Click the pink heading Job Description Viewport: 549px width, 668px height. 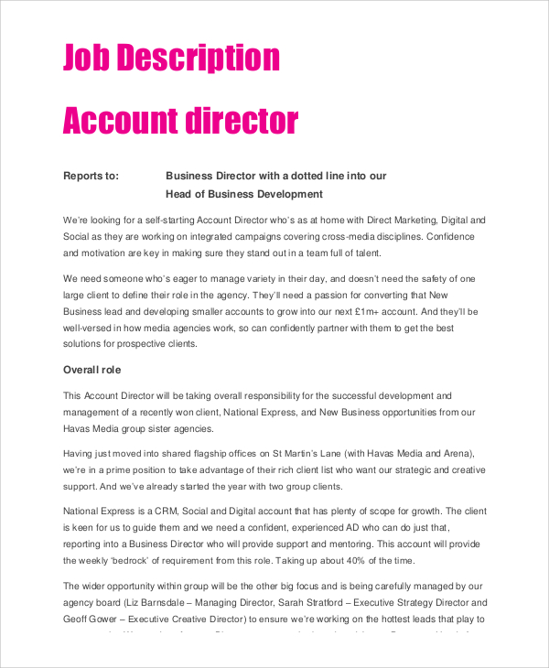point(171,58)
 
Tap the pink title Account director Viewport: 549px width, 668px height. point(180,121)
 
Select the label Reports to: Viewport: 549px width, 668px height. point(91,176)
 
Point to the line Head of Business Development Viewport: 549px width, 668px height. point(244,194)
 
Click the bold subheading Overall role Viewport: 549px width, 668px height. point(91,370)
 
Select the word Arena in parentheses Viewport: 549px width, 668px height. point(455,454)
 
